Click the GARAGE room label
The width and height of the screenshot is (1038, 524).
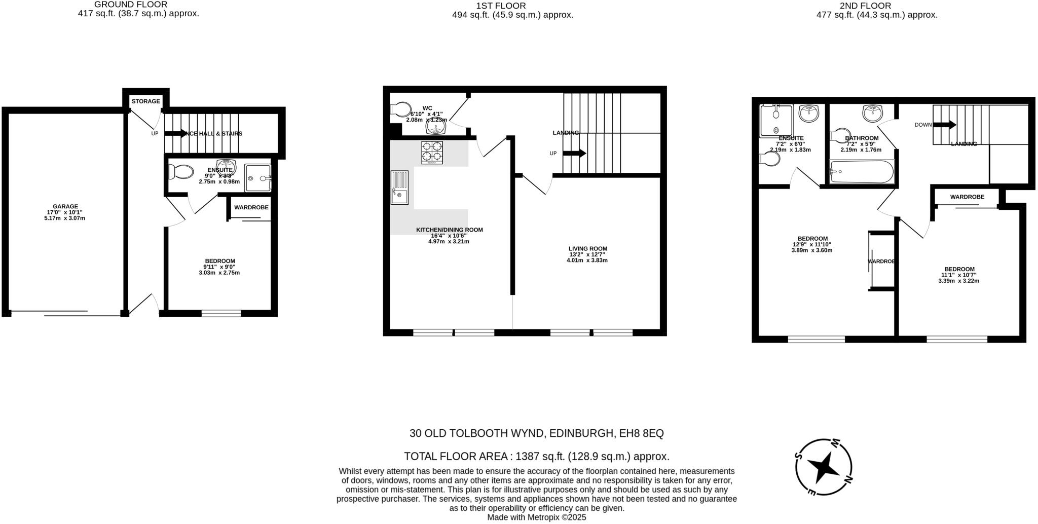coord(65,207)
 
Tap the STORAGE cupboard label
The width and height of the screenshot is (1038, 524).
coord(146,101)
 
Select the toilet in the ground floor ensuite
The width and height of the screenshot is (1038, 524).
coord(180,173)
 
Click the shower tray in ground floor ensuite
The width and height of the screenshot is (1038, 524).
coord(257,178)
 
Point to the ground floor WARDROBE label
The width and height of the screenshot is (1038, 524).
coord(251,207)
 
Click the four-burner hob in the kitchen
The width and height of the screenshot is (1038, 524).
coord(432,153)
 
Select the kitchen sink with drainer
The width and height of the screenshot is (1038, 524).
coord(399,188)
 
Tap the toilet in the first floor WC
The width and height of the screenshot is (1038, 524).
coord(401,109)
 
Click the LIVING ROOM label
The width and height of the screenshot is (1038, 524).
coord(587,249)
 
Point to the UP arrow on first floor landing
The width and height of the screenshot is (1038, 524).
coord(574,153)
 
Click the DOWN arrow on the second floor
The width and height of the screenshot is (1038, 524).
coord(945,125)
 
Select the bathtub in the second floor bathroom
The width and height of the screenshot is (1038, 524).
coord(862,172)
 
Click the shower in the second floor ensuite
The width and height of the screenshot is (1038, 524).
coord(775,121)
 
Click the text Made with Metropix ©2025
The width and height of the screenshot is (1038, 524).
coord(536,517)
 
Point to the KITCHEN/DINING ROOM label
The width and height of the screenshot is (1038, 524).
coord(449,230)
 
